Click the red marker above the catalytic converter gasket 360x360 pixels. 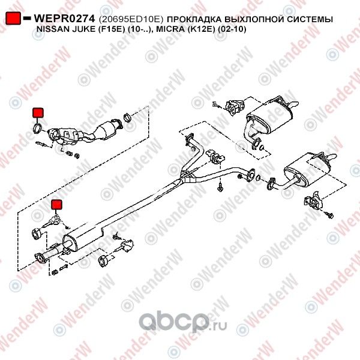point(37,112)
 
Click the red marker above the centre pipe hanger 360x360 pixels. point(57,206)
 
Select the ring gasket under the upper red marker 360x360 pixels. point(37,128)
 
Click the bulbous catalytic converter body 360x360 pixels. point(108,128)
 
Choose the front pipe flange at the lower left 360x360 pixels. point(41,259)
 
